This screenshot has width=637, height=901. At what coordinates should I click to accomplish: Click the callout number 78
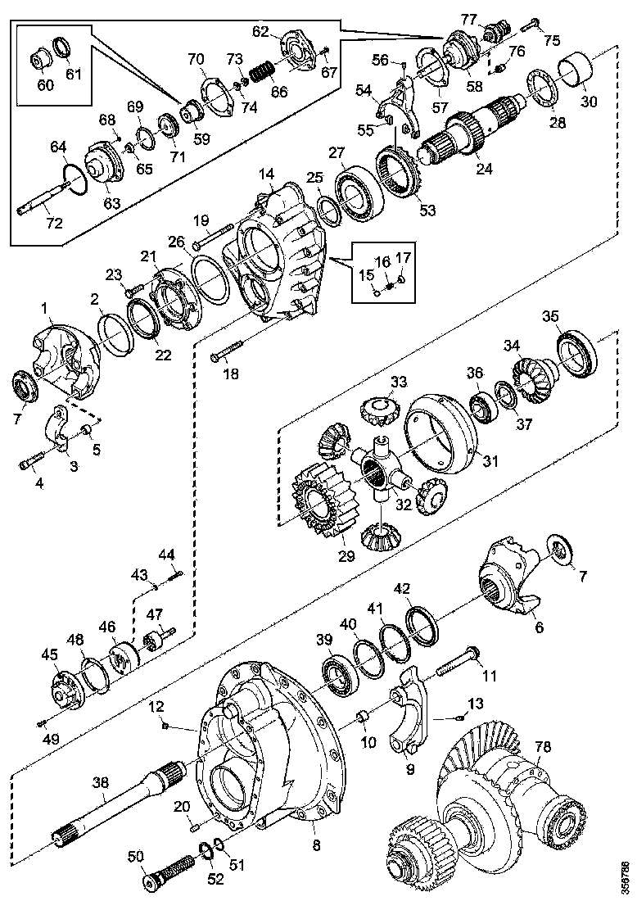[x=543, y=747]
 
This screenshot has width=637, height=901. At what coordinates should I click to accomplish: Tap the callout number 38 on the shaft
[x=101, y=782]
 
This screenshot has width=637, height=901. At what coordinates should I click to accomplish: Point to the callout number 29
[x=346, y=556]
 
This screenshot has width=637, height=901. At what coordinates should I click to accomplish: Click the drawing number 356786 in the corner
[x=626, y=876]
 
